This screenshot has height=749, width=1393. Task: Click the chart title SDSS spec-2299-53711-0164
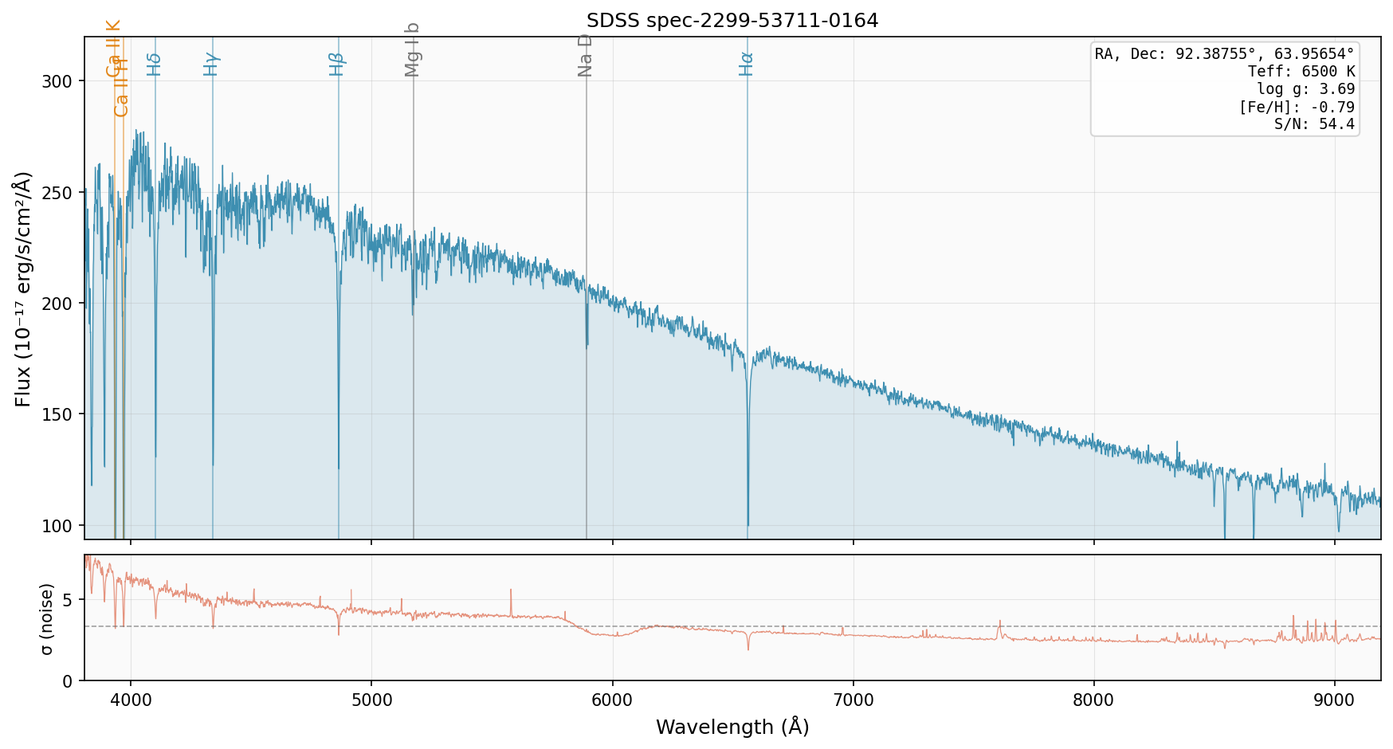tap(732, 21)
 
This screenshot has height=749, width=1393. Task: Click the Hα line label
tap(747, 64)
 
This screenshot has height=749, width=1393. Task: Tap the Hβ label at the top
tap(337, 64)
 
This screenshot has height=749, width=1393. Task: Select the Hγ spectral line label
tap(211, 64)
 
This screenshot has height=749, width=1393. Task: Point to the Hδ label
tap(155, 64)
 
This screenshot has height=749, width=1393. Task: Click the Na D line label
tap(586, 55)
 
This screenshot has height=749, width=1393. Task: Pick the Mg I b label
tap(412, 49)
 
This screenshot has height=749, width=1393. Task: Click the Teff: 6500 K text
tap(1301, 72)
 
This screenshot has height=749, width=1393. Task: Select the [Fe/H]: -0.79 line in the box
tap(1296, 107)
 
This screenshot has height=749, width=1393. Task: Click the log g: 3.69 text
tap(1305, 89)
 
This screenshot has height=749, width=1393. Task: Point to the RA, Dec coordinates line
tap(1224, 54)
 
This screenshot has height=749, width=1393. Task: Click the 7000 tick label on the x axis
tap(853, 699)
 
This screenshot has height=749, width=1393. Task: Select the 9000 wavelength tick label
tap(1335, 699)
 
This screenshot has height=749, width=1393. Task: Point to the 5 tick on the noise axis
tap(67, 599)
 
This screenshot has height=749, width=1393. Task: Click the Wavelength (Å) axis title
tap(732, 727)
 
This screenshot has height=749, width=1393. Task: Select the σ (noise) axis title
tap(48, 618)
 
